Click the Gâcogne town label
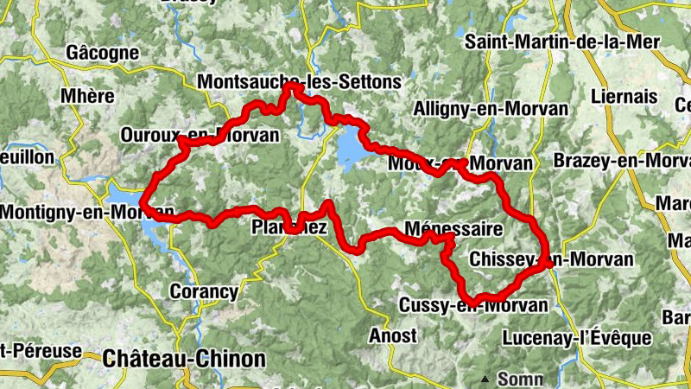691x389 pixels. (x=103, y=53)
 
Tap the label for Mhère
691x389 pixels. (x=87, y=95)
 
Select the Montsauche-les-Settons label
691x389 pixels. (x=300, y=82)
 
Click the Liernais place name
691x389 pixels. (x=625, y=97)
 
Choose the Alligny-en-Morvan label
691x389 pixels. (x=491, y=109)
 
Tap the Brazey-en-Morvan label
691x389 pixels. (x=623, y=162)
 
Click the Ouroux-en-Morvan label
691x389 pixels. (x=200, y=136)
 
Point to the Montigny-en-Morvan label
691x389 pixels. (x=87, y=211)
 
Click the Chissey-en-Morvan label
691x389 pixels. (x=553, y=259)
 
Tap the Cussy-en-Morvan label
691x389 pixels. (x=473, y=305)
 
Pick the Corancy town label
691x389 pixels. (x=204, y=291)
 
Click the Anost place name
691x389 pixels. (x=392, y=335)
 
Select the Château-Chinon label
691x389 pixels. (x=183, y=356)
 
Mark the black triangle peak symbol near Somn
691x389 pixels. (x=485, y=378)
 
